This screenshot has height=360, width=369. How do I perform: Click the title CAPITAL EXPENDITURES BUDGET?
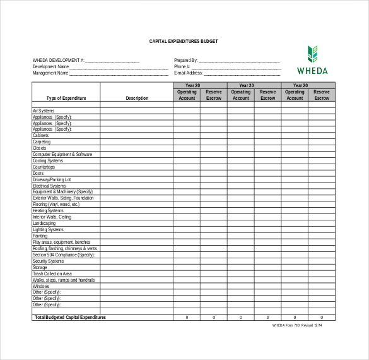click(184, 41)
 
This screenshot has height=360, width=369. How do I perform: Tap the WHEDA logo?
click(312, 60)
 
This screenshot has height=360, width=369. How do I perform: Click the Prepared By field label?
click(186, 61)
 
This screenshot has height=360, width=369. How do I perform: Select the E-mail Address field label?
click(188, 73)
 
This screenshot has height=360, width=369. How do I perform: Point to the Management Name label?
click(51, 73)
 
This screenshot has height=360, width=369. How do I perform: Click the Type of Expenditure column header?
click(66, 98)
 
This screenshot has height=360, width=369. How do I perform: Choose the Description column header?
click(137, 98)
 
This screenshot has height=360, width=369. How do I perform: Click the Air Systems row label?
click(44, 111)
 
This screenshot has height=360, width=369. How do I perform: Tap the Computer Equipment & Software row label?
click(62, 154)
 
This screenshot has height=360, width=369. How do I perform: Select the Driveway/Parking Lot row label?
click(52, 179)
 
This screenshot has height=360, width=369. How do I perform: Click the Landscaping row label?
click(44, 224)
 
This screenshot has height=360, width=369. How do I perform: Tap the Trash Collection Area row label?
click(52, 273)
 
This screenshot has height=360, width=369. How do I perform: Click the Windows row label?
click(41, 286)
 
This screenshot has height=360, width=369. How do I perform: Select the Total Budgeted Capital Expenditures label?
click(70, 317)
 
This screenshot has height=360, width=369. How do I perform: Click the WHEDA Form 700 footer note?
click(296, 325)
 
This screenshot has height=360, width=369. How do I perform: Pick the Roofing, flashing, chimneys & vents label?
click(65, 248)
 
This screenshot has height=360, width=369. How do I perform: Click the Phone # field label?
click(182, 66)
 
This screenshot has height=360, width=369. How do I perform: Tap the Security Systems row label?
click(49, 261)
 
